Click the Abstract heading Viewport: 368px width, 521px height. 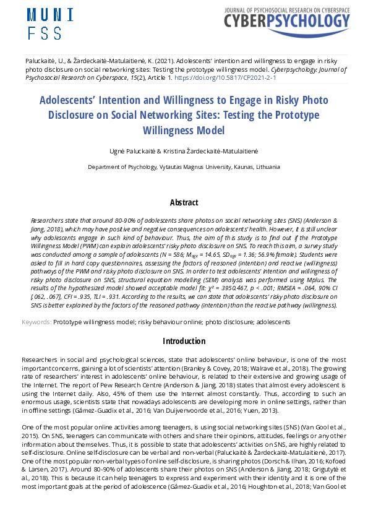pos(184,202)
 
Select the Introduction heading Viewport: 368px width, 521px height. pos(184,341)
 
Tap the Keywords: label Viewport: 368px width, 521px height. pos(36,322)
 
